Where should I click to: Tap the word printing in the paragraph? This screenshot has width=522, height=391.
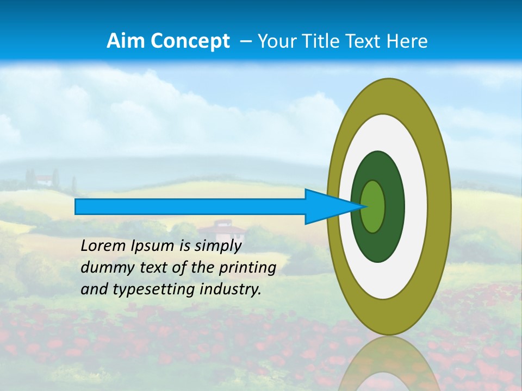[x=247, y=267]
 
